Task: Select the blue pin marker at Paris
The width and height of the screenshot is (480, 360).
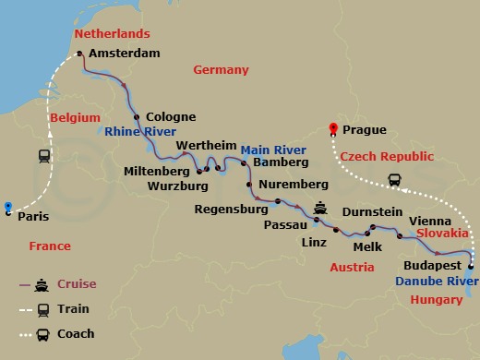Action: click(8, 207)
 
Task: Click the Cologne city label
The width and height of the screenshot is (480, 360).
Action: click(171, 117)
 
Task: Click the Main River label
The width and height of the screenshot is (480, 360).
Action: click(273, 149)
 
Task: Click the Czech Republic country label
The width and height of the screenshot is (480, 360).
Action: click(384, 158)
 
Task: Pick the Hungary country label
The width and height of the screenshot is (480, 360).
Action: click(436, 300)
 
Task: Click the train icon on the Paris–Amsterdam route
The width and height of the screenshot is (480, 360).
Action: click(44, 156)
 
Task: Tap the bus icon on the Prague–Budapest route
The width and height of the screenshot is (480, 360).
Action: click(395, 180)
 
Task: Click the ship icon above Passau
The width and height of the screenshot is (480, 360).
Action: click(320, 207)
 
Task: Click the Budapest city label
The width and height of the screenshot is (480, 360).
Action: click(432, 265)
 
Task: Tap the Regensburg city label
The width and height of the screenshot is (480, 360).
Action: click(231, 209)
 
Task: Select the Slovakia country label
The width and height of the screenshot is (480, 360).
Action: click(442, 234)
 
